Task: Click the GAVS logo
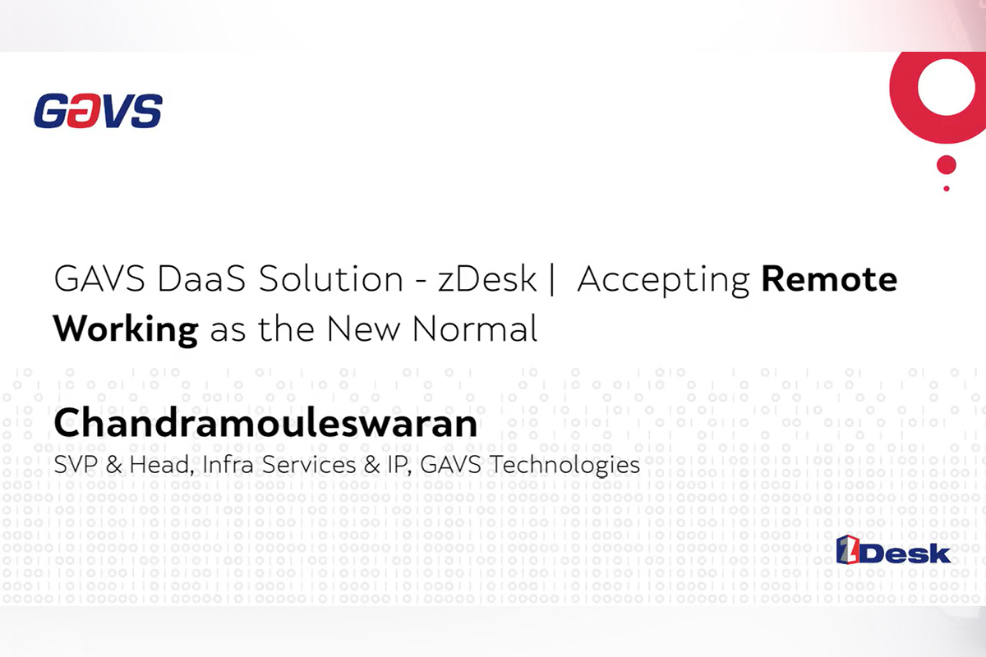(98, 111)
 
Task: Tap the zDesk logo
(892, 551)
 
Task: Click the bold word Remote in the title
(829, 280)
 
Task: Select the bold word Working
(126, 328)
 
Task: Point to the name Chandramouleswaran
(265, 425)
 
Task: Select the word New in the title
(364, 328)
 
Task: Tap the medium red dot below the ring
(947, 165)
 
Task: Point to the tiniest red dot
(947, 189)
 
